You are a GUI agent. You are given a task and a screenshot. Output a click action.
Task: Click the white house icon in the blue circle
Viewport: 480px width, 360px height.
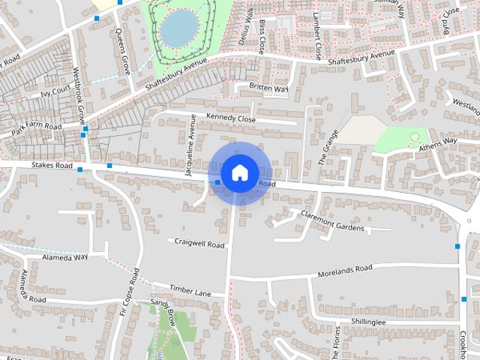[239, 172]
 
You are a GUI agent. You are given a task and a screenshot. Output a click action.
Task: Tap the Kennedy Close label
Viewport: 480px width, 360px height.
[231, 118]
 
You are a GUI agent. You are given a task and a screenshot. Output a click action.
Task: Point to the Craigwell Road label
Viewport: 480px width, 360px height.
[199, 244]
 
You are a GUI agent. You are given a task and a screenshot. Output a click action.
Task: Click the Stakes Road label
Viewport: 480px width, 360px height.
[52, 164]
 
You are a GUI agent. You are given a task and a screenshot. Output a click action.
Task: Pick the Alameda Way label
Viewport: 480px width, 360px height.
[65, 256]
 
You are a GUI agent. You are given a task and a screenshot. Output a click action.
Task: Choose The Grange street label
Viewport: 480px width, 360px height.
[328, 144]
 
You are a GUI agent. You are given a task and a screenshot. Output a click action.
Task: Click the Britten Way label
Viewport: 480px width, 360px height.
[268, 88]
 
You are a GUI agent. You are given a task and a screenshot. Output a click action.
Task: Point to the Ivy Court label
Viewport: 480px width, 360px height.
[56, 94]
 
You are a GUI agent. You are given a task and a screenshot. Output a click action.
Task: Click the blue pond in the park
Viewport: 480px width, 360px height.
[178, 27]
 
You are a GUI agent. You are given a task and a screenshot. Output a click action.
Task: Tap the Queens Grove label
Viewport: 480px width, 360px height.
[124, 51]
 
